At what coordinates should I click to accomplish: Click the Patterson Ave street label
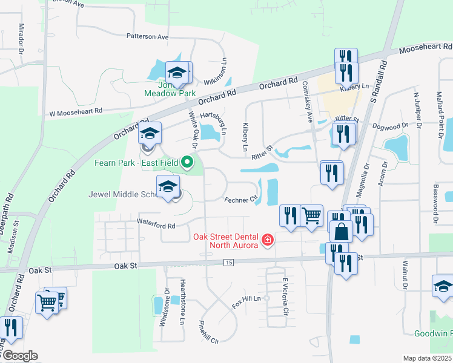(x=147, y=36)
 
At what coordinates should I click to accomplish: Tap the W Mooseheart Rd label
(x=76, y=111)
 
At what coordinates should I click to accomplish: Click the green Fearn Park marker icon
(x=188, y=162)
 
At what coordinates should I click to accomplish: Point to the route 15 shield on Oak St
(x=228, y=262)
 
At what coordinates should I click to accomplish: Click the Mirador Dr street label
(x=21, y=36)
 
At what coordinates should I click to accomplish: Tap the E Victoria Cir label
(x=283, y=295)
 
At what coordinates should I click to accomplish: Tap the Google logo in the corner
(x=19, y=356)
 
